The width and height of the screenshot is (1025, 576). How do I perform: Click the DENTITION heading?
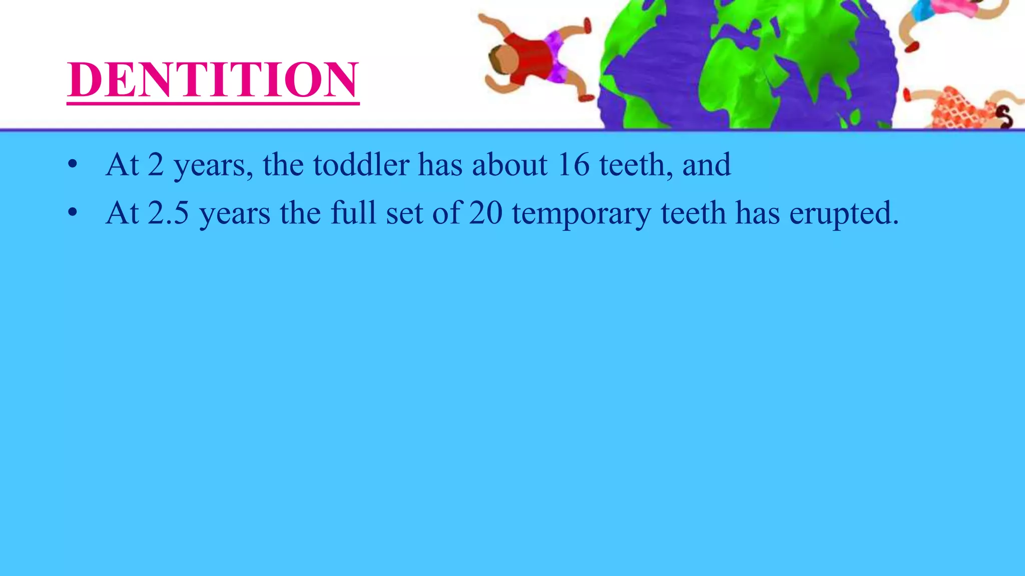(213, 80)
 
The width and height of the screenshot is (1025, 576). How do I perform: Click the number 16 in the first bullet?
(574, 164)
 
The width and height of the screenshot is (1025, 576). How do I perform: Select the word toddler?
(361, 164)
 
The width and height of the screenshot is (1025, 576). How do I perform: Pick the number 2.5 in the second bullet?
(169, 213)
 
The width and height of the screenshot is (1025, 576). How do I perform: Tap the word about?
(509, 164)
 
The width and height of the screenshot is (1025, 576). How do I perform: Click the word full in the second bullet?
(353, 213)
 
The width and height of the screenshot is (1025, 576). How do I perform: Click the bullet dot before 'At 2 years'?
(73, 164)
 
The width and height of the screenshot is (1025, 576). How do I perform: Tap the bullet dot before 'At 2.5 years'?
(73, 213)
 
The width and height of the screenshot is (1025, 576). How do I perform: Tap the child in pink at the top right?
(941, 15)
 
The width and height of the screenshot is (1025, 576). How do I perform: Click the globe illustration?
(748, 65)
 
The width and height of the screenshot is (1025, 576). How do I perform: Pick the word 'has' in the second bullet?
(757, 213)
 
